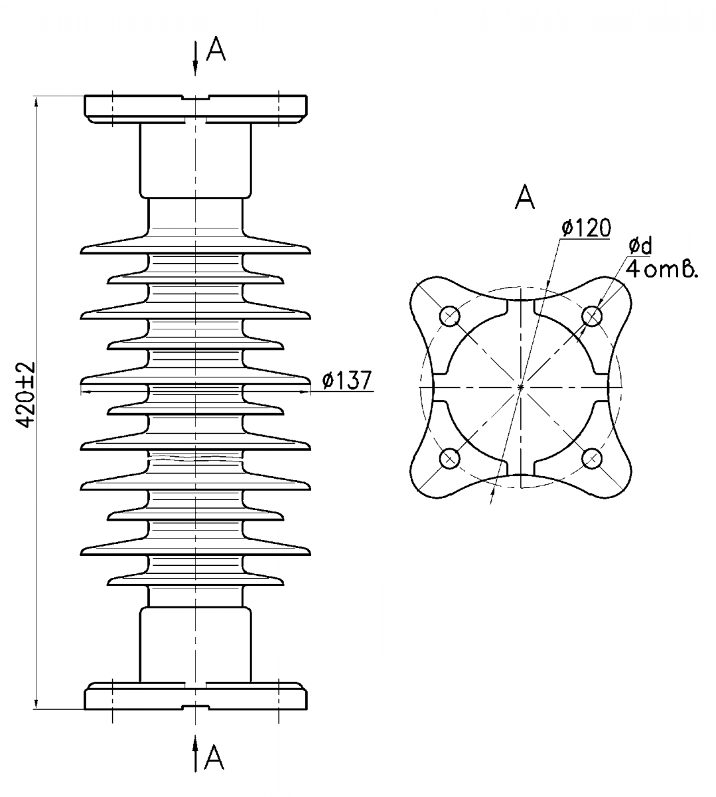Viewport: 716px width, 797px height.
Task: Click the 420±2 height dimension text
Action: click(x=27, y=395)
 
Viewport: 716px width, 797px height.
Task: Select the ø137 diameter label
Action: click(x=346, y=380)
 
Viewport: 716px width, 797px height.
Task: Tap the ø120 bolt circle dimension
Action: click(x=587, y=228)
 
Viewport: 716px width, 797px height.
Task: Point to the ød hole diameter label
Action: click(x=640, y=246)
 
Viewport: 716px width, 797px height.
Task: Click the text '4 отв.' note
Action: click(x=661, y=270)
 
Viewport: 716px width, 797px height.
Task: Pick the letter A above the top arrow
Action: click(x=216, y=48)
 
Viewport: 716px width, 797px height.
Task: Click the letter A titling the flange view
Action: click(x=524, y=197)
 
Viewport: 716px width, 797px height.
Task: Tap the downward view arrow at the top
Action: click(x=195, y=58)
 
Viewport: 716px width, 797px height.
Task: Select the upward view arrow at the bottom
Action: click(x=195, y=753)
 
